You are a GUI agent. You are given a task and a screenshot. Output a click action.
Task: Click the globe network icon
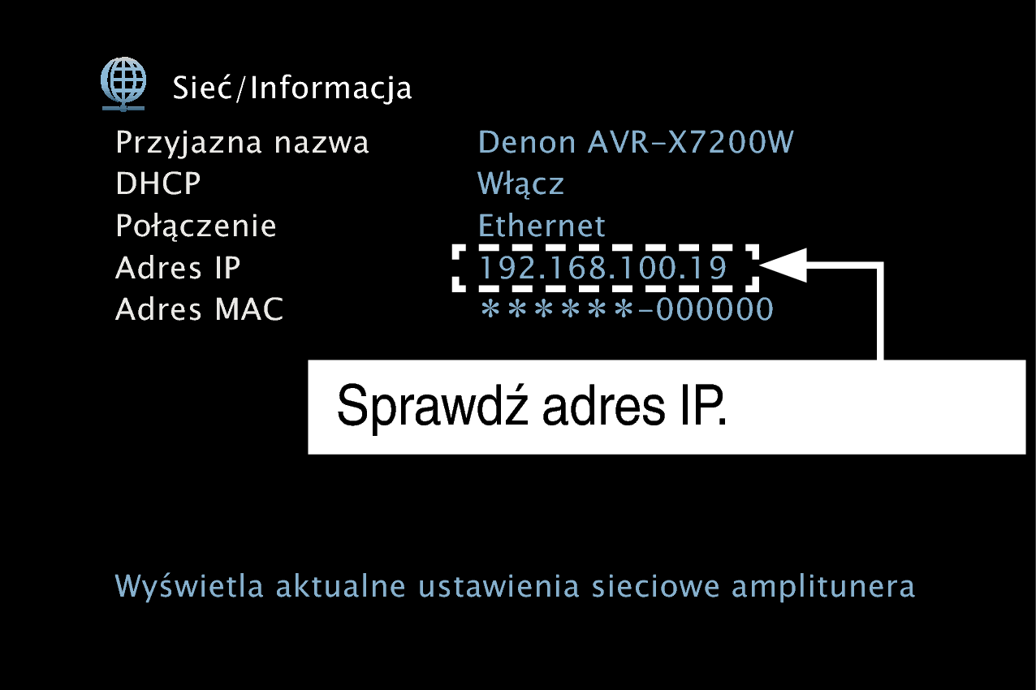click(123, 84)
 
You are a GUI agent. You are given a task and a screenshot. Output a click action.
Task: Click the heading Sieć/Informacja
click(291, 88)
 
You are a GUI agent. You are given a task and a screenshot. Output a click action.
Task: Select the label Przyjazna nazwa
click(242, 143)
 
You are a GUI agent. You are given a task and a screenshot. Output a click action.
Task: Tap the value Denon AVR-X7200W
click(636, 141)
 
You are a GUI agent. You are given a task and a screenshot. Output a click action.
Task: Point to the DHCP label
click(158, 183)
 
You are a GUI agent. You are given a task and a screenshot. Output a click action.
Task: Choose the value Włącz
click(520, 184)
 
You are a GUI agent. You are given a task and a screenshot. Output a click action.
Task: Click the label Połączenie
click(196, 226)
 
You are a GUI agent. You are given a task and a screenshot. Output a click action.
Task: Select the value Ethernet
click(541, 225)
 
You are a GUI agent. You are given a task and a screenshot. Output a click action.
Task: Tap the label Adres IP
click(178, 267)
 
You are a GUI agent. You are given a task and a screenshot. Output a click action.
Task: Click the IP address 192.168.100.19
click(603, 268)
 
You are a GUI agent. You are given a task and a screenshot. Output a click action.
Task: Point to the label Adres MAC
click(199, 309)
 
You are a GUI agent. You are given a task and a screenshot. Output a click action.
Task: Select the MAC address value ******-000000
click(627, 309)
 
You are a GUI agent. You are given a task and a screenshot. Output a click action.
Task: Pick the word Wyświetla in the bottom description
click(188, 585)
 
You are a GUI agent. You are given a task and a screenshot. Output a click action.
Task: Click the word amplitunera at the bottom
click(823, 587)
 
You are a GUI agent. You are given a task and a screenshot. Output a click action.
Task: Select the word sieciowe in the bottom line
click(656, 585)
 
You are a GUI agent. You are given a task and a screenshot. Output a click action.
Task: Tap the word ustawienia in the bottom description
click(499, 585)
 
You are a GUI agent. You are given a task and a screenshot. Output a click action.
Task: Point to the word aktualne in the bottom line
click(341, 585)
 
